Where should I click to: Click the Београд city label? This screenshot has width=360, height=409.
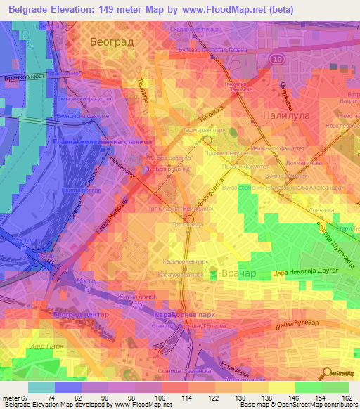(111, 42)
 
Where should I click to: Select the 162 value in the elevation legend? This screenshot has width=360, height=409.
(347, 398)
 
